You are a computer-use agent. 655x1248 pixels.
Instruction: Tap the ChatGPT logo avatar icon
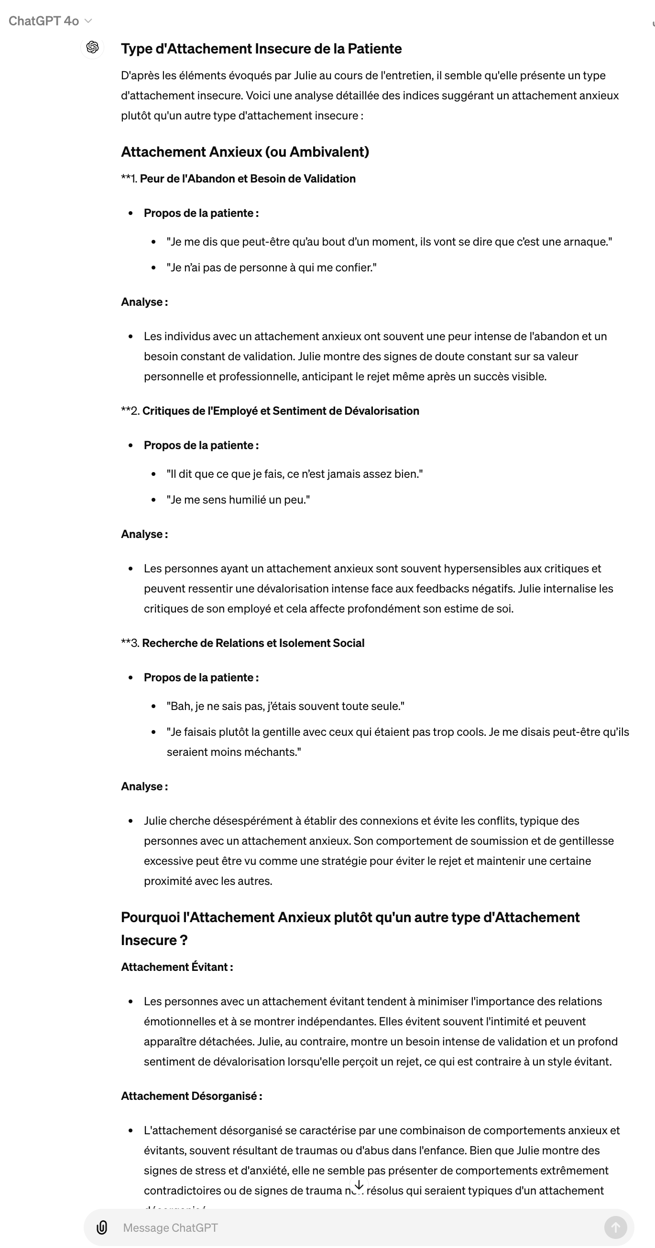pos(92,47)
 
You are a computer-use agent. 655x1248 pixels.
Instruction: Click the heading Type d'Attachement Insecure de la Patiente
pos(261,49)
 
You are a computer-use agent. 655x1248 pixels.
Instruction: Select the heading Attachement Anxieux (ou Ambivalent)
pos(245,152)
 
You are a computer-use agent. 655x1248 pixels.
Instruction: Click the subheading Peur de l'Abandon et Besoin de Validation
pos(247,179)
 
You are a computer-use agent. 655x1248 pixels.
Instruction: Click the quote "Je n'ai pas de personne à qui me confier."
pos(272,268)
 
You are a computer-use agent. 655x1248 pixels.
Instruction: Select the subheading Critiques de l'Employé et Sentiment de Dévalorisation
pos(280,411)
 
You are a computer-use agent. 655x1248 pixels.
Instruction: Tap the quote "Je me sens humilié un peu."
pos(238,499)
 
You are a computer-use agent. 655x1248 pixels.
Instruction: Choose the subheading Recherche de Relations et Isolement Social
pos(253,643)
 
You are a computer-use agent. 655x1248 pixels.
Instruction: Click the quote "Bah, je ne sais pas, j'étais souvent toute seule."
pos(285,706)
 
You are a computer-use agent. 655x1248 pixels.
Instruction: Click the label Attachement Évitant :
pos(177,967)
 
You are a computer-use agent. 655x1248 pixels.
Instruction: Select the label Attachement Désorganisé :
pos(192,1096)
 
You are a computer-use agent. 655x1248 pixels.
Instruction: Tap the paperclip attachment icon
pos(102,1227)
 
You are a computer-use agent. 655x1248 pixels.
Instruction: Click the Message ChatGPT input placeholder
pos(170,1227)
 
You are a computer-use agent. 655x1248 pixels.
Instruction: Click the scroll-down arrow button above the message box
pos(359,1185)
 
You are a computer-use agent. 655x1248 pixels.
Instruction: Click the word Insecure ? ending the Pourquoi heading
pos(154,940)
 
